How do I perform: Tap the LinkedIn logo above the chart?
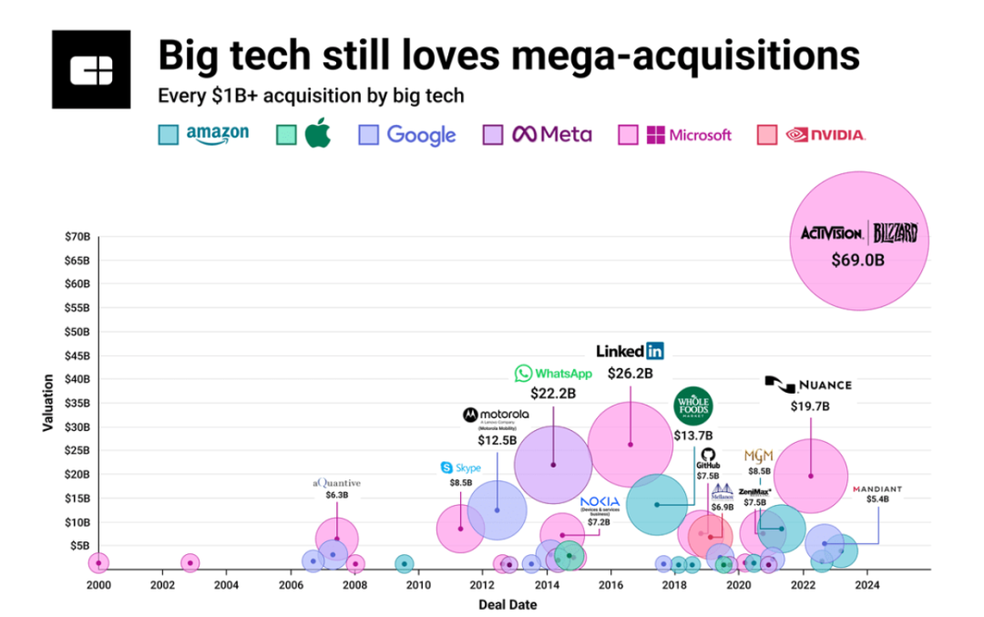(x=630, y=351)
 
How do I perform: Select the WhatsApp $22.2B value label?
(x=551, y=393)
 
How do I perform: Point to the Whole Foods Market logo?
(x=693, y=406)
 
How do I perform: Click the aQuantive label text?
(x=337, y=482)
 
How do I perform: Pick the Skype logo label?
(x=461, y=468)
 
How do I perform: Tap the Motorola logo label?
(x=497, y=416)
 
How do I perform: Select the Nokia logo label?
(x=600, y=503)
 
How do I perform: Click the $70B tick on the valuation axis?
(x=77, y=237)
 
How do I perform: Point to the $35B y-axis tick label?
(x=77, y=403)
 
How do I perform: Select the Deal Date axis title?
(x=507, y=604)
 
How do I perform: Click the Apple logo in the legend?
(x=316, y=135)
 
